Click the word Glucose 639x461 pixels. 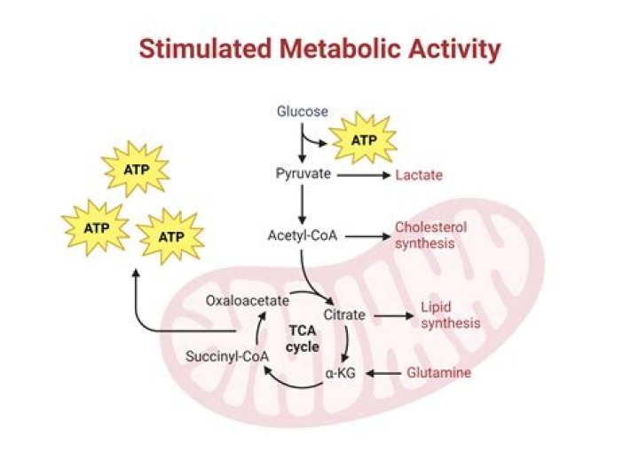[x=303, y=111]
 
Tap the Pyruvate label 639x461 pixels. [x=304, y=174]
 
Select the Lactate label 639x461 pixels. [x=419, y=175]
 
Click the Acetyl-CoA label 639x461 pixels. [x=303, y=235]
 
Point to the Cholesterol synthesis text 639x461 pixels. [x=430, y=235]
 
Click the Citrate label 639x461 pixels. [x=344, y=315]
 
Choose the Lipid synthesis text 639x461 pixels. [x=451, y=315]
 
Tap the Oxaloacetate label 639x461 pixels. [x=248, y=301]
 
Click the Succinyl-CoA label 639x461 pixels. [x=227, y=356]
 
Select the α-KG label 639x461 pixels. [x=340, y=373]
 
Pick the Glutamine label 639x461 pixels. [x=439, y=372]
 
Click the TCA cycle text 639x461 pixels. [x=303, y=338]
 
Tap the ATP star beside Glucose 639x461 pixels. [x=364, y=140]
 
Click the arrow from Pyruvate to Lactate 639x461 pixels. [x=364, y=175]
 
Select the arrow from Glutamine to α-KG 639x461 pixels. [x=383, y=373]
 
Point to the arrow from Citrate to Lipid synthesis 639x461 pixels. [x=394, y=315]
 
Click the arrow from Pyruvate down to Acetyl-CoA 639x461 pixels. [x=302, y=204]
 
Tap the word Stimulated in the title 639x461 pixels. [x=205, y=49]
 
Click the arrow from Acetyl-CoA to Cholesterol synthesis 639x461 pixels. [x=367, y=236]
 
